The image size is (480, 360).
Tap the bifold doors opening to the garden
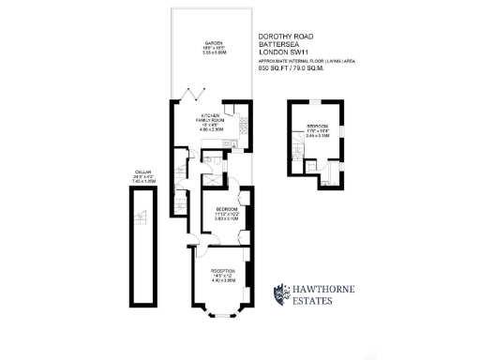pyautogui.click(x=195, y=95)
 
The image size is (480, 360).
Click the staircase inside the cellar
pyautogui.click(x=143, y=219)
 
